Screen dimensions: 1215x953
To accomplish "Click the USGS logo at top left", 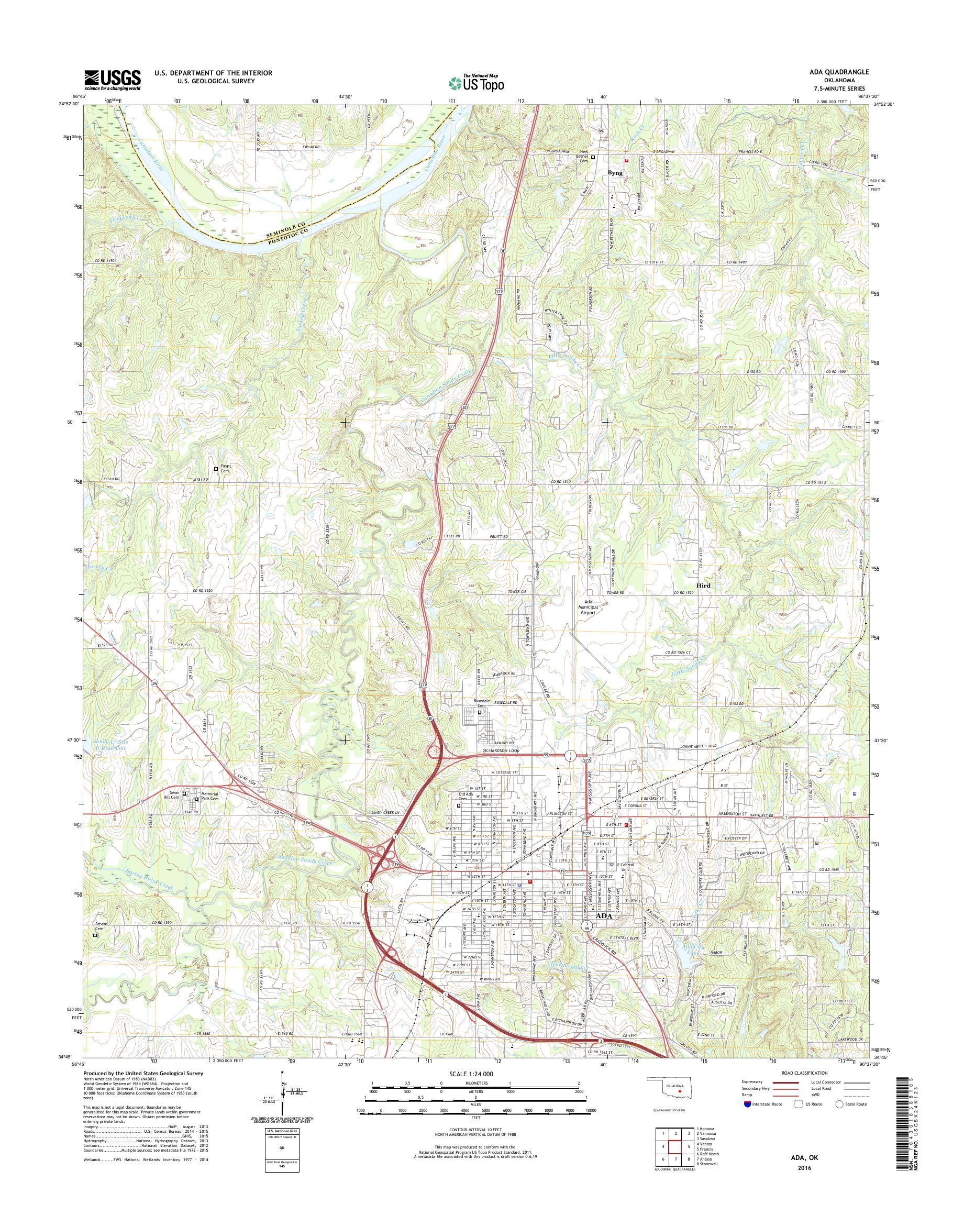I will pos(112,80).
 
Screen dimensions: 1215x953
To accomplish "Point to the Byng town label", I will pos(615,173).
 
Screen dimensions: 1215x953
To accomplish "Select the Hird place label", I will pos(703,586).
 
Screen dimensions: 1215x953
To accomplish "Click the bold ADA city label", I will pos(603,916).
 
